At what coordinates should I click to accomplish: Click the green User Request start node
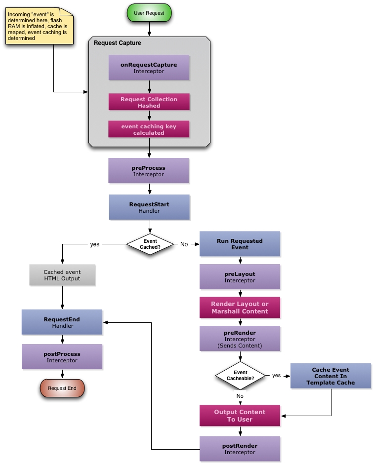point(149,13)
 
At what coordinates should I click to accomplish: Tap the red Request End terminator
point(62,388)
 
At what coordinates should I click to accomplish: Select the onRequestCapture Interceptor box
point(149,68)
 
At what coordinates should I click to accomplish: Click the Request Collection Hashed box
point(149,102)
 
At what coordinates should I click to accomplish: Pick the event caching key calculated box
point(149,129)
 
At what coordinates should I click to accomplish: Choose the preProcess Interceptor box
point(149,171)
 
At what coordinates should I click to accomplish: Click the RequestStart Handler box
point(149,207)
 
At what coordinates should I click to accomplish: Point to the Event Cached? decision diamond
point(150,244)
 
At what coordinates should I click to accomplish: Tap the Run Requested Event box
point(240,244)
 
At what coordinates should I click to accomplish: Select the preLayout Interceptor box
point(240,277)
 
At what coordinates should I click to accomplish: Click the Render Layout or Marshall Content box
point(240,308)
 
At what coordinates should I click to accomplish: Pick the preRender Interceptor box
point(240,339)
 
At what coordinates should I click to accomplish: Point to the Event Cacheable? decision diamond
point(240,376)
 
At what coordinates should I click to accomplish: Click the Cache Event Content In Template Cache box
point(331,376)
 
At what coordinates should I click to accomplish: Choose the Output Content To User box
point(240,416)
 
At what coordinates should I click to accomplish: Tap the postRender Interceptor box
point(240,449)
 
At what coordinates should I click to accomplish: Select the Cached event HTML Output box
point(62,275)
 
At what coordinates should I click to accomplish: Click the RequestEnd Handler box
point(62,322)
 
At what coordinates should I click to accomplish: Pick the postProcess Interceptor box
point(62,357)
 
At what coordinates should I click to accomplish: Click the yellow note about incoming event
point(39,27)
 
